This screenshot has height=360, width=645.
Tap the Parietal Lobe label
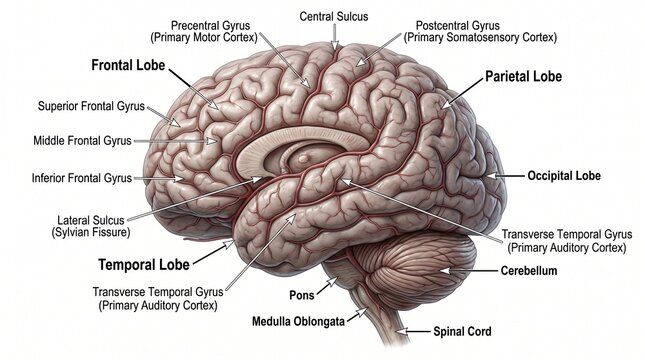coord(523,76)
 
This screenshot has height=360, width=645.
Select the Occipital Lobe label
coord(564,176)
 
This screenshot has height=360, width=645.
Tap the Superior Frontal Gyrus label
coord(91,105)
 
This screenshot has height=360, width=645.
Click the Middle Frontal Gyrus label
coord(82,141)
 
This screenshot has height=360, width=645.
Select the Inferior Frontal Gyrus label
coord(82,178)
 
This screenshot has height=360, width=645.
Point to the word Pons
coord(301,296)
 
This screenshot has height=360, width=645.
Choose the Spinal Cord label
coord(462,331)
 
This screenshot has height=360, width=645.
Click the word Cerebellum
coord(529,270)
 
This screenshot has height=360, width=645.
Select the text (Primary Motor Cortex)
coord(214,37)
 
